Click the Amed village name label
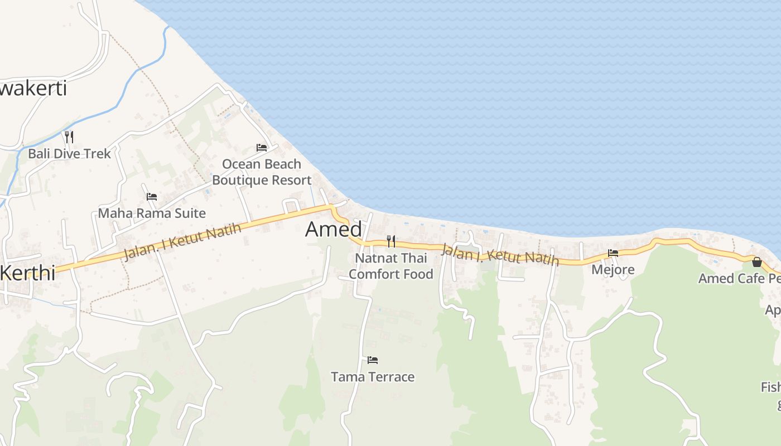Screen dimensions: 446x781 coord(334,229)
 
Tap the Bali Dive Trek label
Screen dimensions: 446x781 coord(70,153)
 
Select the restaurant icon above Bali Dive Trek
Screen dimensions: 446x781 coord(69,137)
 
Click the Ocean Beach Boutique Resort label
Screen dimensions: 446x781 coord(261,172)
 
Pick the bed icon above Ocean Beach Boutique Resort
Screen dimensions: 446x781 coord(261,148)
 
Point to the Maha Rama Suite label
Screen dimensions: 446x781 coord(152,213)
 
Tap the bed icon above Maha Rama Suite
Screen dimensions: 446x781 coord(152,197)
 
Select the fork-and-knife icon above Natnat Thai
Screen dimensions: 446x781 coord(390,241)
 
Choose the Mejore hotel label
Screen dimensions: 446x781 coord(613,270)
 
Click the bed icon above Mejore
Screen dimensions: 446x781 coord(613,253)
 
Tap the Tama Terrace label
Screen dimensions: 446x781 coord(373,377)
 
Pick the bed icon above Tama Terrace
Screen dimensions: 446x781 coord(373,360)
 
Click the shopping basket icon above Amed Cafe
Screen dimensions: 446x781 coord(756,262)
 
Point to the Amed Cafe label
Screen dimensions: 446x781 coord(739,278)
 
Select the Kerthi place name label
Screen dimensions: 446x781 coord(28,273)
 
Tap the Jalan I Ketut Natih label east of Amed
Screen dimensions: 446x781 coord(499,254)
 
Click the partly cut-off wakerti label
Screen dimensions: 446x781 coord(33,88)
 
